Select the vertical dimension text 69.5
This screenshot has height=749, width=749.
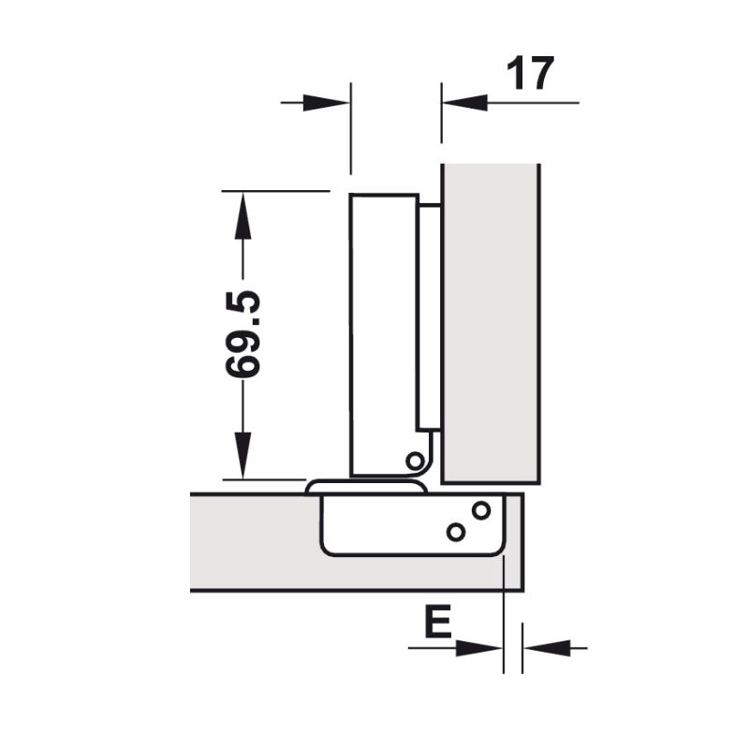click(243, 334)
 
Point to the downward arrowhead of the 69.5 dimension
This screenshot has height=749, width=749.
click(242, 459)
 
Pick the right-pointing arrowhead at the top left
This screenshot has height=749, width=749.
click(329, 102)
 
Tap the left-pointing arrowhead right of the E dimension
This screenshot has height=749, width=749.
click(542, 647)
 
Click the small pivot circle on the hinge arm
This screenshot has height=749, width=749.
click(414, 460)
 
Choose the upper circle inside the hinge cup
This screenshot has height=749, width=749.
click(481, 511)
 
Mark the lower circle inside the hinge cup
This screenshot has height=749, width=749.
click(456, 532)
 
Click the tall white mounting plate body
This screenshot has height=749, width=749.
click(382, 328)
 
